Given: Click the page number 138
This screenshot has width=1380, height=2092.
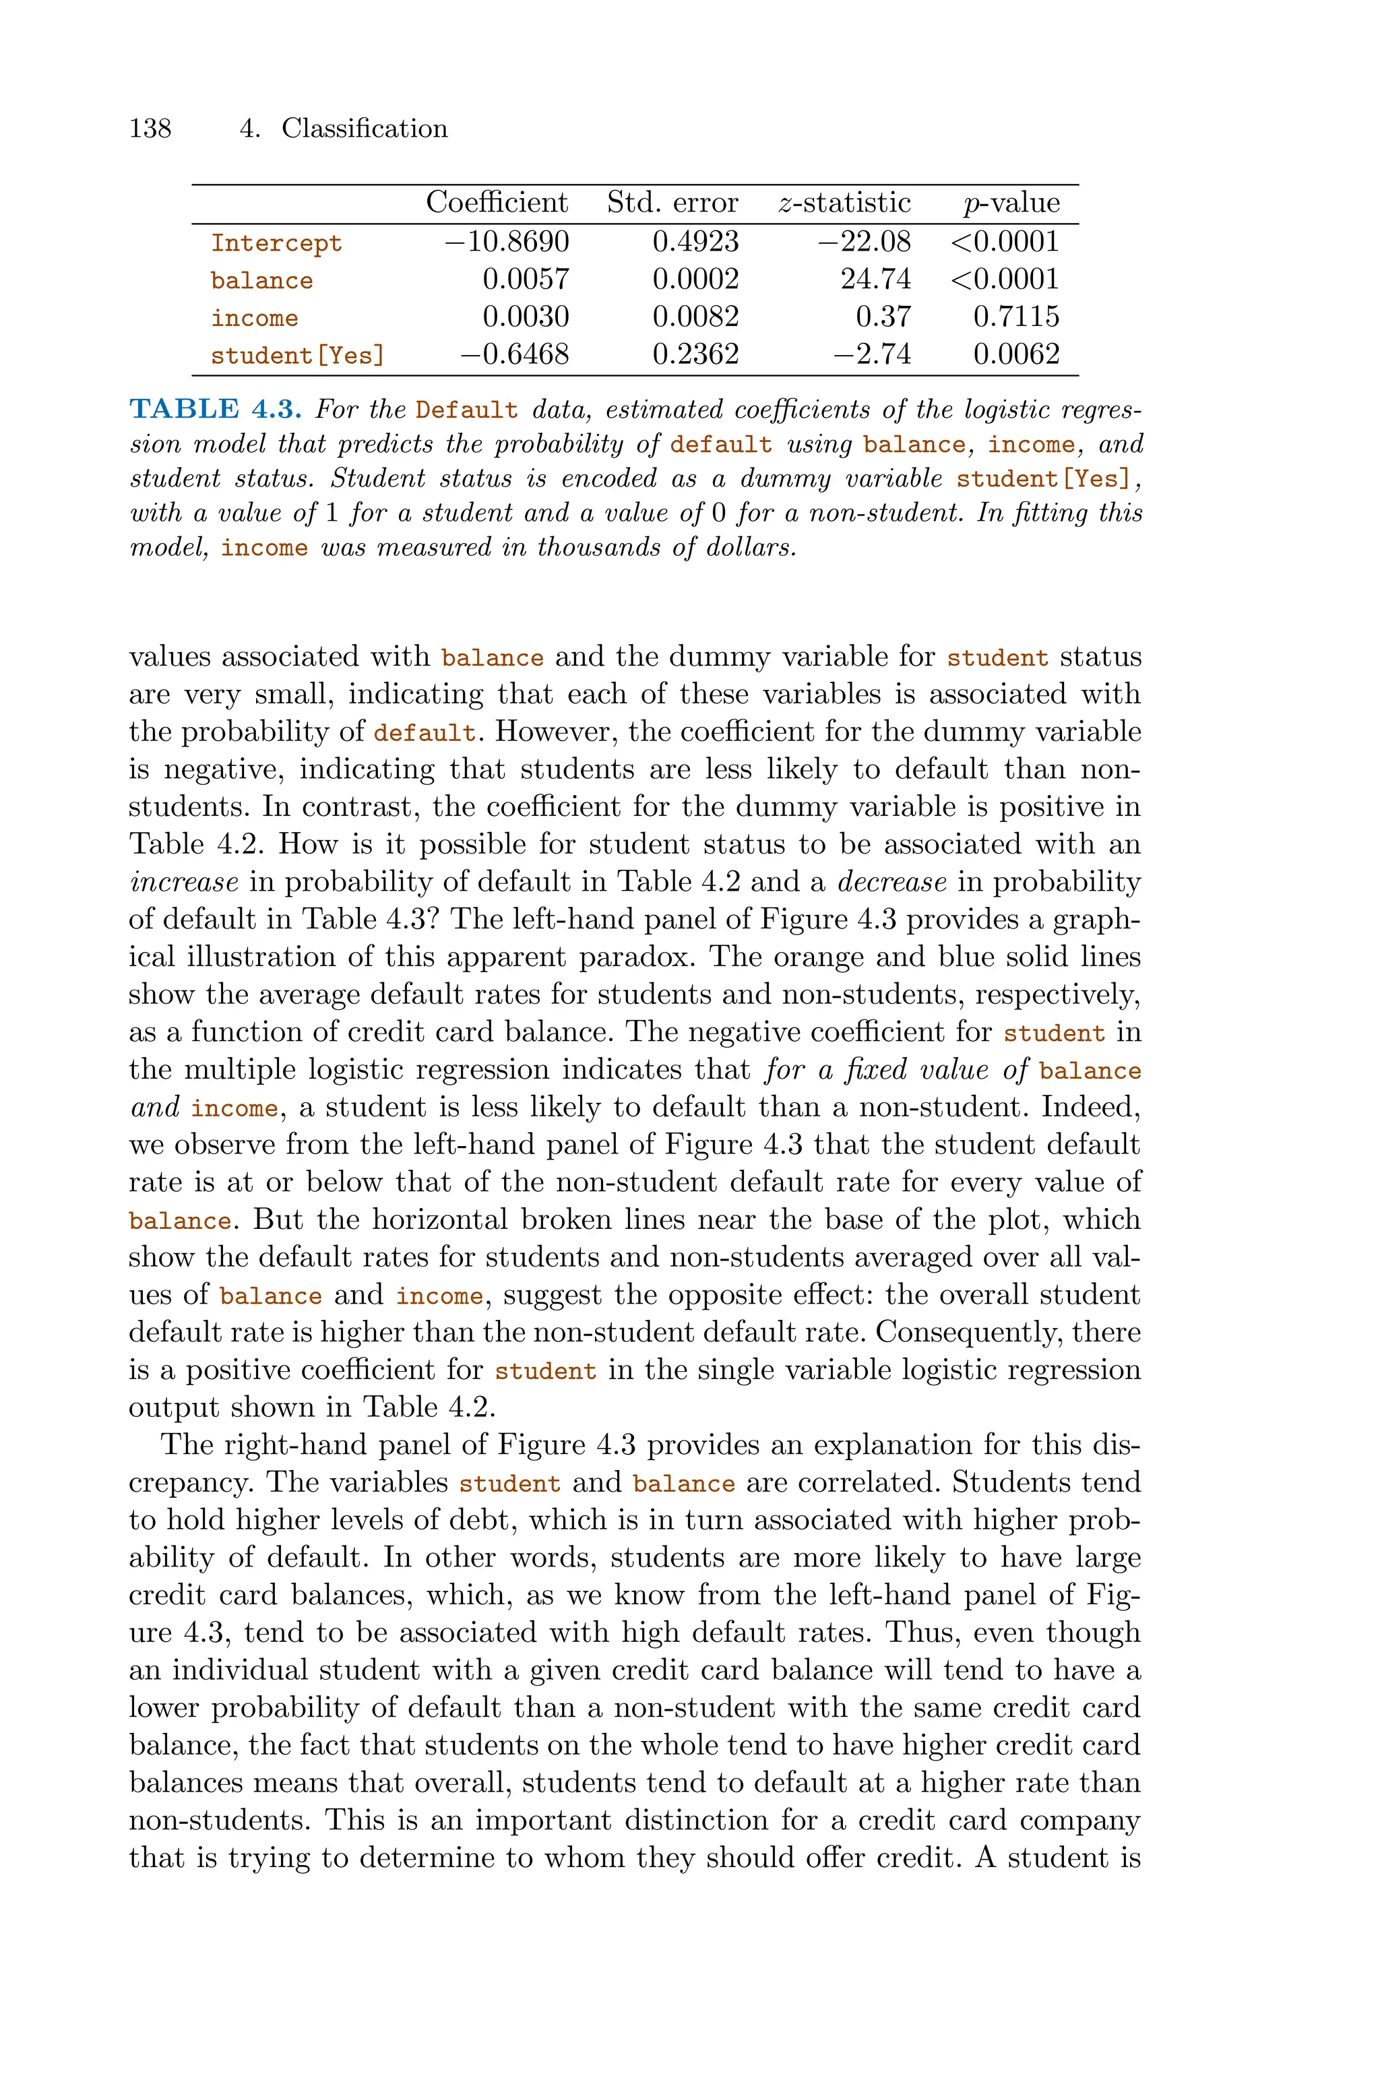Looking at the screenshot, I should (x=150, y=129).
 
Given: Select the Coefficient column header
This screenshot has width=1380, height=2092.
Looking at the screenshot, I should (x=497, y=203).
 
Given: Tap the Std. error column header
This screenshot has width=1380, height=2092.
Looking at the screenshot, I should (x=672, y=203).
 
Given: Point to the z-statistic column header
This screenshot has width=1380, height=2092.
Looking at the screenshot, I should (x=845, y=203).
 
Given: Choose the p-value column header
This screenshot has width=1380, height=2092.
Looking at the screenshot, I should (x=1011, y=203).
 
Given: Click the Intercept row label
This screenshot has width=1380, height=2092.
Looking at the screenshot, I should (x=276, y=243).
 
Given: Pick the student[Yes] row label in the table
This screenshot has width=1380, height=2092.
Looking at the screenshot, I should (x=297, y=356).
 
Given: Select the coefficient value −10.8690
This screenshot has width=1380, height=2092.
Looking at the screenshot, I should (x=507, y=242).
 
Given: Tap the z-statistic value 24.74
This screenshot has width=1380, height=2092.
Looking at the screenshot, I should (x=876, y=280).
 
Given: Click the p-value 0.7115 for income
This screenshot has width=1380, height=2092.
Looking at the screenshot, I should (x=1017, y=317).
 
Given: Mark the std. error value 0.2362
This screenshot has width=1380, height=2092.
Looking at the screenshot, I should (x=695, y=354).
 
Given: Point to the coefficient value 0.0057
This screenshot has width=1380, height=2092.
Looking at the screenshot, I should (x=526, y=280).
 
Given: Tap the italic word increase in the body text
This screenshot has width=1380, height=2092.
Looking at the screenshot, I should (x=184, y=881).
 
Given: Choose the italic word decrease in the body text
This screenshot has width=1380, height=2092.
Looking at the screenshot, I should (x=891, y=881).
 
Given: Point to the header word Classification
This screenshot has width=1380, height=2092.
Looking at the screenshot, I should (x=365, y=129).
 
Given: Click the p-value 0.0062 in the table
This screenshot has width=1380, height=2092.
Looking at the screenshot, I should (x=1017, y=354).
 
